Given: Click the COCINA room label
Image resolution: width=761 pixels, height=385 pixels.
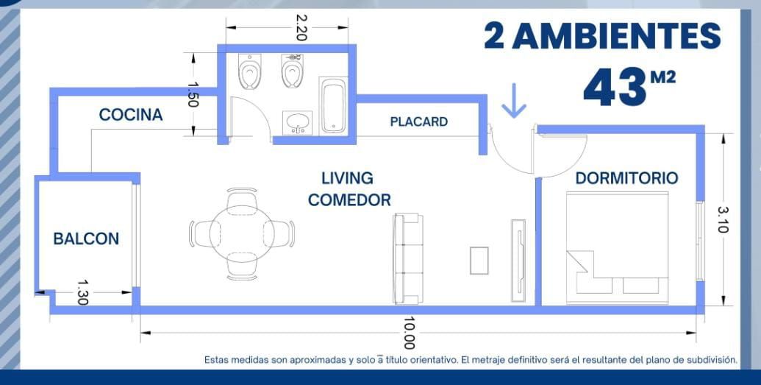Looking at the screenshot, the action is point(131,115).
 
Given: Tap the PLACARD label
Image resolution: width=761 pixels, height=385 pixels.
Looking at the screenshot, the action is point(419,121).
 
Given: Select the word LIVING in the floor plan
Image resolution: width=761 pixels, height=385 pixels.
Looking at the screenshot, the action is point(348,178).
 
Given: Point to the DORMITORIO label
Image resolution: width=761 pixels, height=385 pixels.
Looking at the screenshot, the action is point(626,178).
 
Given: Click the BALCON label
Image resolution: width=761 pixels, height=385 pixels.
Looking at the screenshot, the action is point(86,239).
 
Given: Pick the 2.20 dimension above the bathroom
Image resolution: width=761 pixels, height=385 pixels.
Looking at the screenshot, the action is point(301,28).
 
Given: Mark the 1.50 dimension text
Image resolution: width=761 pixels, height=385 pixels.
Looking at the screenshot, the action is point(192,93).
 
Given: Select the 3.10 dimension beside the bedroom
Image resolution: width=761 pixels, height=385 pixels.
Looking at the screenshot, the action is point(722,219).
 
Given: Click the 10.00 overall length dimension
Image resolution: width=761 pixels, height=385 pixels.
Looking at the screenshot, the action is point(409,333).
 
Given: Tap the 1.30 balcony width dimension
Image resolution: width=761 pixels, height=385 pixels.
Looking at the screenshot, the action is point(82,292).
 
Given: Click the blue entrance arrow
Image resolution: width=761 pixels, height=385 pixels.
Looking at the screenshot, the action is point(513,101).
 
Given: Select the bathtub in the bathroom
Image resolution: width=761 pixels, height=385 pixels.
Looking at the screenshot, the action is point(333,105).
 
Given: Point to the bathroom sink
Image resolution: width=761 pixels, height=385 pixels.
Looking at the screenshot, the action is point(298,122).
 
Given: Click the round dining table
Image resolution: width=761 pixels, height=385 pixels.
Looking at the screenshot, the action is point(242,234).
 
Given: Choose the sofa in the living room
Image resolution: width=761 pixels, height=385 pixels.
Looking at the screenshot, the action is point(407,258).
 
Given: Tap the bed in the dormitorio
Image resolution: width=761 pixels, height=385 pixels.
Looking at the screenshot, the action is point(617,248).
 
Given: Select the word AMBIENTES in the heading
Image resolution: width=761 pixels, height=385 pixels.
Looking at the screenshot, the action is point(616,36).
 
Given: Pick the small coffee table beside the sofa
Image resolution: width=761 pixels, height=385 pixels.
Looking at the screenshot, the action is point(479,261).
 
